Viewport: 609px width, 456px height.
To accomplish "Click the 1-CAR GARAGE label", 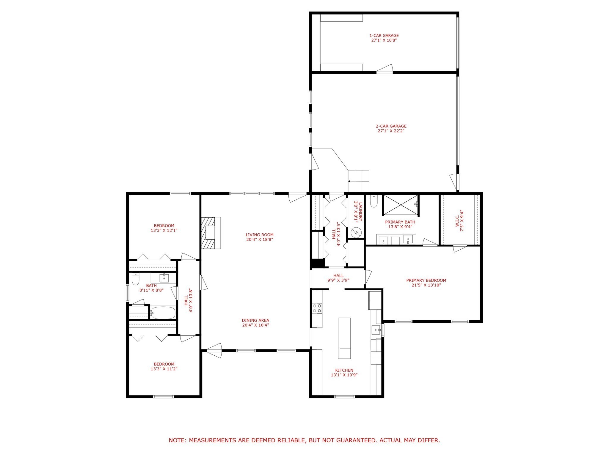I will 384,36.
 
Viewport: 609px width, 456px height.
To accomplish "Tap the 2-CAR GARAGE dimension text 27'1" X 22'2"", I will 391,131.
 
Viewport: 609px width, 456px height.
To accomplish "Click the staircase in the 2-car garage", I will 359,181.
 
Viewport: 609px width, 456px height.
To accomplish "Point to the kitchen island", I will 344,338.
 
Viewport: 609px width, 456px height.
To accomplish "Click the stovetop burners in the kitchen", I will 317,308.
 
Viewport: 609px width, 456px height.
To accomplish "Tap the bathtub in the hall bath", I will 163,313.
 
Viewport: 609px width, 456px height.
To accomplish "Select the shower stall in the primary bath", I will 401,205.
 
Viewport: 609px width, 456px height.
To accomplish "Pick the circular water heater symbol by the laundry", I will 356,232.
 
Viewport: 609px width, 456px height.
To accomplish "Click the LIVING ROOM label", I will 260,235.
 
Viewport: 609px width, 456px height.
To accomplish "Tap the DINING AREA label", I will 255,320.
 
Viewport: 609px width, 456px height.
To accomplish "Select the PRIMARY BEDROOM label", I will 426,280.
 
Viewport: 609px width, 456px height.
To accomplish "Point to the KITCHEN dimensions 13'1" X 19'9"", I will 344,375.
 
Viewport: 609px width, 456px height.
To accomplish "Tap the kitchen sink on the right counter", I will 376,330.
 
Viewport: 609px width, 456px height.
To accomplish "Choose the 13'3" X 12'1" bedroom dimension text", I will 164,230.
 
